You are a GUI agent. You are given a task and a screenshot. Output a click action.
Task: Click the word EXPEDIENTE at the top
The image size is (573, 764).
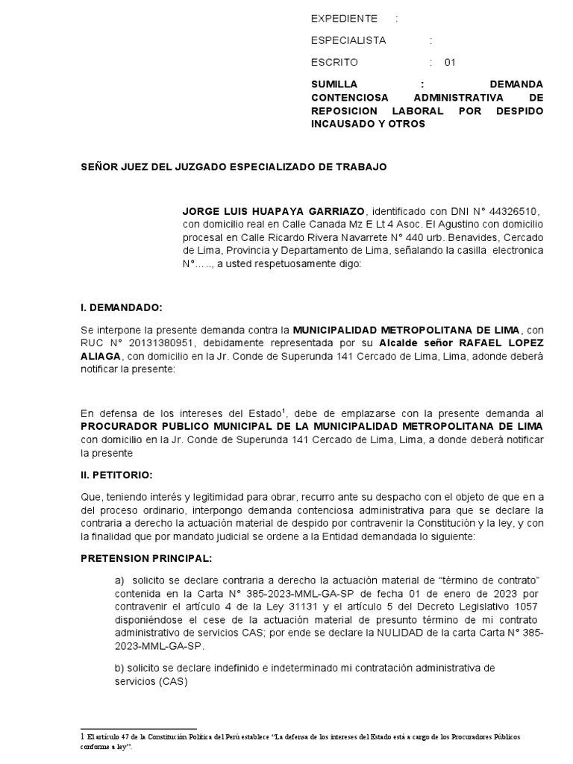coord(344,18)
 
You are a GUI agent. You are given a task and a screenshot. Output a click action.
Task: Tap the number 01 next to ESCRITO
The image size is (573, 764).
coord(449,63)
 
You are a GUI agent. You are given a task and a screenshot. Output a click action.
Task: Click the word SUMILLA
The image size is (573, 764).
coord(334,84)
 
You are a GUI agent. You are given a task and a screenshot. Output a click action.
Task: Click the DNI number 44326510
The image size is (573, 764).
coord(504,211)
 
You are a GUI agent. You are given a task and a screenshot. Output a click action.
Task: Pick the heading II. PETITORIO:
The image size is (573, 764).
coord(117,474)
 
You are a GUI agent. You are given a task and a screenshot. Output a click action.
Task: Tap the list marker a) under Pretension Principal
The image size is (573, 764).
coord(119,580)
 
